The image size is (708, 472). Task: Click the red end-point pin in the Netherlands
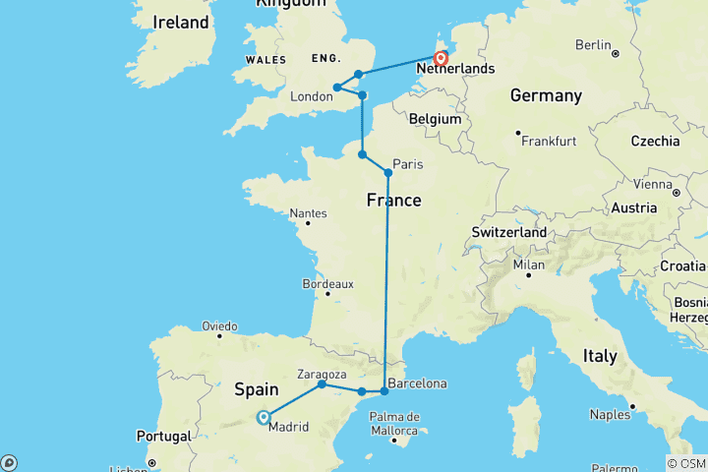pyautogui.click(x=442, y=59)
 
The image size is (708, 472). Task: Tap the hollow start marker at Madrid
pyautogui.click(x=264, y=417)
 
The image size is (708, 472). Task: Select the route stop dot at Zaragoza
pyautogui.click(x=322, y=383)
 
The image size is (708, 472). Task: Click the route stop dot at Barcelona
pyautogui.click(x=384, y=391)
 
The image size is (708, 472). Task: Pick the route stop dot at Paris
pyautogui.click(x=388, y=173)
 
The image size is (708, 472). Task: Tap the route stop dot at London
pyautogui.click(x=337, y=88)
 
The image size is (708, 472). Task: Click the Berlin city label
pyautogui.click(x=594, y=44)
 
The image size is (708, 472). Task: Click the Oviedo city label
pyautogui.click(x=219, y=325)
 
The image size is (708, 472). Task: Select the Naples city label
pyautogui.click(x=611, y=416)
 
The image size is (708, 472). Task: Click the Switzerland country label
pyautogui.click(x=508, y=231)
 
